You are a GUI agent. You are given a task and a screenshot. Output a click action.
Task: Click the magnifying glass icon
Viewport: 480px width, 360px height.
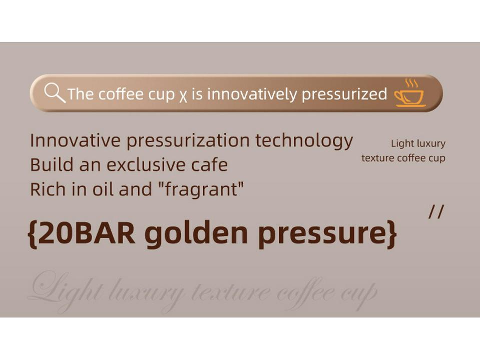point(54,92)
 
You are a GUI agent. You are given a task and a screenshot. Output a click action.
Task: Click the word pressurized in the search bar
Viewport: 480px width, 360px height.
point(344,94)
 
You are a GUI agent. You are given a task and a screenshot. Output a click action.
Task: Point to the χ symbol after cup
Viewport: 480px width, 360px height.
point(183,95)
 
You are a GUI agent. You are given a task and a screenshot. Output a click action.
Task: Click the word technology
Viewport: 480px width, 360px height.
point(304,141)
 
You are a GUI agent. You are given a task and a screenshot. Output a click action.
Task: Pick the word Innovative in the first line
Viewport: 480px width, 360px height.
point(75,141)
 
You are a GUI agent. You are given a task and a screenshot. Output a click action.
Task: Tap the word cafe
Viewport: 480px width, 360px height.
point(209,165)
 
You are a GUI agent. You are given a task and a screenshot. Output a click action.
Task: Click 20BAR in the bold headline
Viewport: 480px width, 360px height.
point(86,233)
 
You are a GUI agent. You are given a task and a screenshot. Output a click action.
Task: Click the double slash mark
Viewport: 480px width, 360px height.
point(436,212)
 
